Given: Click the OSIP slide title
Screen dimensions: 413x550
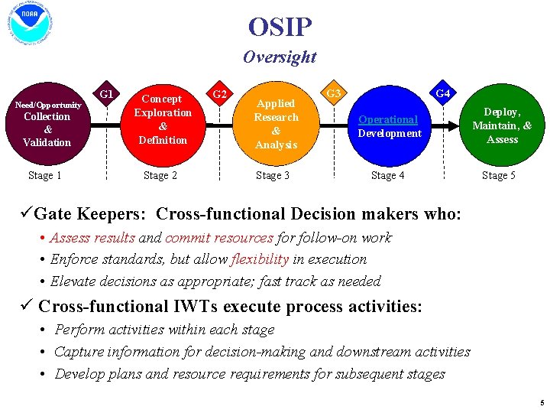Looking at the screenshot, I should (280, 28).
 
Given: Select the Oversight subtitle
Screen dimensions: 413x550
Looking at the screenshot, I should (279, 57).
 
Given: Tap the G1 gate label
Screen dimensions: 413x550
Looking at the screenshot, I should (107, 94).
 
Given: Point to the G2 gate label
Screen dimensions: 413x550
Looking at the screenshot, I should (219, 94).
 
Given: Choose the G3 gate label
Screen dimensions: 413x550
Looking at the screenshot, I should (333, 94).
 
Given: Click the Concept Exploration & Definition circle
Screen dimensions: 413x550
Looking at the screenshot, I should (163, 119).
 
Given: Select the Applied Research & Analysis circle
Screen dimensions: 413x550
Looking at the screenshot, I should (276, 123).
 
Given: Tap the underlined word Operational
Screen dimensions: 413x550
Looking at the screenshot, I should (388, 120).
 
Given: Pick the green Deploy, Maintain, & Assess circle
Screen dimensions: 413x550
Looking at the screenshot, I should (502, 125).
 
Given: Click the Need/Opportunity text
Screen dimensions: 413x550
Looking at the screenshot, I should (49, 104).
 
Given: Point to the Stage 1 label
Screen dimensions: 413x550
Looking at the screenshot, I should (45, 176).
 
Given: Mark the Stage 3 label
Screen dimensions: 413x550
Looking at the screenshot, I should (273, 176).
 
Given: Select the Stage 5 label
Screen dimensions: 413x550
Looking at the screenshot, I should (498, 176).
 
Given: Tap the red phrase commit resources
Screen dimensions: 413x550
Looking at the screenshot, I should (218, 238).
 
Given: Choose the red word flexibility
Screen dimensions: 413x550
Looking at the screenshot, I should (260, 259).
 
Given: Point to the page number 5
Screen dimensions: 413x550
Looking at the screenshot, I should (541, 402).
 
